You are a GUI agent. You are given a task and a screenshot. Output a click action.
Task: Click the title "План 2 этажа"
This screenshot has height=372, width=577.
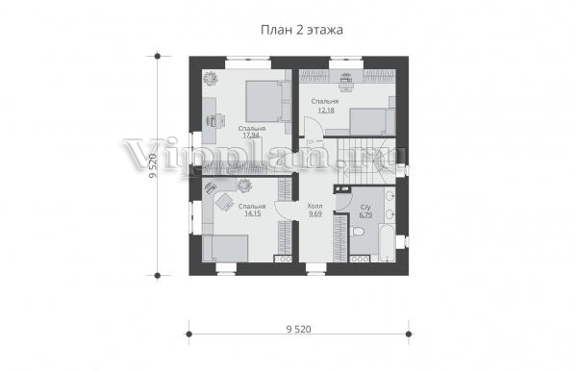point(302,30)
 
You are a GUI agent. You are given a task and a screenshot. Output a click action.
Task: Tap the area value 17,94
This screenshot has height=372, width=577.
point(252,135)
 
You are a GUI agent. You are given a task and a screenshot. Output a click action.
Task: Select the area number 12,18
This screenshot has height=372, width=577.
point(325,110)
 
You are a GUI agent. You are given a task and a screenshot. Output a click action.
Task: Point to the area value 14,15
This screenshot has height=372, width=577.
point(252,213)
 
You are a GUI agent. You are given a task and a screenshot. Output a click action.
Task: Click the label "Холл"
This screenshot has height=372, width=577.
point(315,206)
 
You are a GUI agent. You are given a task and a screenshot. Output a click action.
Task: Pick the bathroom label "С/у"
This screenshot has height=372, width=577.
point(365,208)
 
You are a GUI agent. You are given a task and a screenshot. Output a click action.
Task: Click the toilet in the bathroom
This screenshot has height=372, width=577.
point(358,232)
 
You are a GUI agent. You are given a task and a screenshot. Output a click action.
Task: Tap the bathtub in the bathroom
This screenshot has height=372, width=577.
point(388,242)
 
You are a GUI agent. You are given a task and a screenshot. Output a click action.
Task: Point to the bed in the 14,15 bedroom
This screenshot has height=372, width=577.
point(226,249)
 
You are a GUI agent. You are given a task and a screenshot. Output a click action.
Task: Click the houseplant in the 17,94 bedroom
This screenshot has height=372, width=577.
point(212,78)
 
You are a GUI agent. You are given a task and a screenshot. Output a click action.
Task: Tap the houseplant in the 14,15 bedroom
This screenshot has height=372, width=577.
point(244,186)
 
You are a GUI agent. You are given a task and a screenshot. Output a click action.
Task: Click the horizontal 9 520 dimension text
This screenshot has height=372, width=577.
point(298,329)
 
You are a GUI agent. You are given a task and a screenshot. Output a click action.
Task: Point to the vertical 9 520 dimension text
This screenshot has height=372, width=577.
point(153,165)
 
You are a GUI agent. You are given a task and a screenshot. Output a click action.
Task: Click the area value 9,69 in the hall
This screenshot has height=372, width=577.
point(315,213)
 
